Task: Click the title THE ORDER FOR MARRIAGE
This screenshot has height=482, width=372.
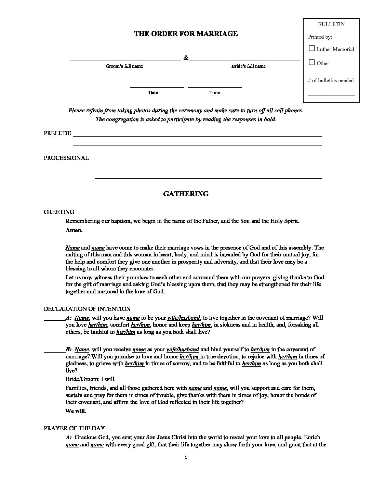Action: (x=186, y=34)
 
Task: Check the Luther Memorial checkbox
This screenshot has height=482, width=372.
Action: (x=312, y=49)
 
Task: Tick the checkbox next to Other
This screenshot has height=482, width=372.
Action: (x=312, y=63)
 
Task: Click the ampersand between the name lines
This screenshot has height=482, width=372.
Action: (x=186, y=58)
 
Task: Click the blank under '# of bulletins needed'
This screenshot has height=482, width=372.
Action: (x=331, y=94)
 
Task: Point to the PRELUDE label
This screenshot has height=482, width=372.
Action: (x=57, y=133)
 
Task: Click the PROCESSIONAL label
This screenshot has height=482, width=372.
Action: (x=66, y=158)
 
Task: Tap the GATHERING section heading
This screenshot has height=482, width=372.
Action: (x=186, y=194)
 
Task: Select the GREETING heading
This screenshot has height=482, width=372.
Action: (x=59, y=212)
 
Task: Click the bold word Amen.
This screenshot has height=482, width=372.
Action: (x=74, y=230)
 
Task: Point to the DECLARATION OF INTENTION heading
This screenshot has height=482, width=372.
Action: (x=87, y=309)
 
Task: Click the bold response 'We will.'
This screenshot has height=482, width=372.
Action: (x=76, y=411)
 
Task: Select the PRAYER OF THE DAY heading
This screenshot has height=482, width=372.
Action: (x=74, y=428)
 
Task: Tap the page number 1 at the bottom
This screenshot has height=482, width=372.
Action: (x=186, y=457)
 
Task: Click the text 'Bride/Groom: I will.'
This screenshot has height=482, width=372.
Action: (x=91, y=379)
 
